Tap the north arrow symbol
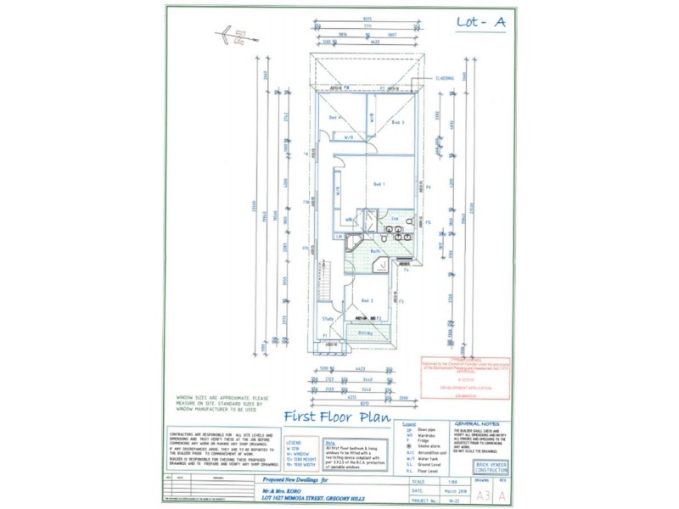click(235, 36)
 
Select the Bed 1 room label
click(379, 184)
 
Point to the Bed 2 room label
click(368, 301)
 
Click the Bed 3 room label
click(396, 123)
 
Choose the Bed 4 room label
click(334, 117)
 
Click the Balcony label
click(366, 333)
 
